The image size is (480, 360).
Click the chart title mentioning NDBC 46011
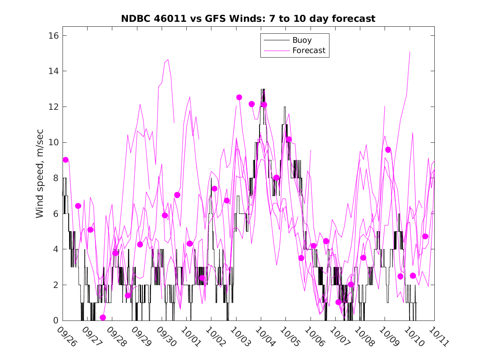[248, 19]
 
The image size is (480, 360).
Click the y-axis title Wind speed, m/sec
[39, 178]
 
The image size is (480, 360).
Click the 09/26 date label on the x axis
[67, 337]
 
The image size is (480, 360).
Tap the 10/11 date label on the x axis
[438, 337]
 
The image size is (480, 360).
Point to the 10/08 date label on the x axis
[364, 337]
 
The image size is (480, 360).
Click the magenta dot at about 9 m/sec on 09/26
[65, 160]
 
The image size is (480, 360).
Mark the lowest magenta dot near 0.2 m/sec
[103, 318]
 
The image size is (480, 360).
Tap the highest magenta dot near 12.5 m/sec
[239, 97]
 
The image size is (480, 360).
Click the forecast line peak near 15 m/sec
[410, 52]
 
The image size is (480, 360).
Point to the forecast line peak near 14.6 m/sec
[168, 60]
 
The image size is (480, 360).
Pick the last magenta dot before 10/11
[425, 236]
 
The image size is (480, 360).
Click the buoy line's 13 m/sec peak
[262, 89]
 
